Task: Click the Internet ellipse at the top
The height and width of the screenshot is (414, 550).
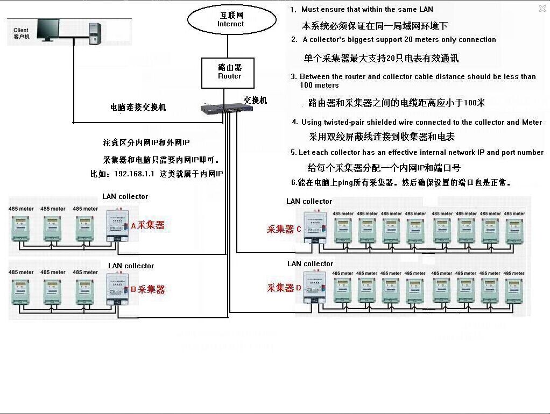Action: tap(231, 20)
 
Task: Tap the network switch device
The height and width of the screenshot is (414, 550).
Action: tap(221, 109)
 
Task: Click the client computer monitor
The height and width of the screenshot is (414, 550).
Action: tap(47, 29)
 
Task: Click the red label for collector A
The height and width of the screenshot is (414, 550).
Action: tap(148, 225)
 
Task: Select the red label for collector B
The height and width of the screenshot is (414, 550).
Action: tap(148, 289)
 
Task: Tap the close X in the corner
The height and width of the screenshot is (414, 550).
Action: tap(542, 9)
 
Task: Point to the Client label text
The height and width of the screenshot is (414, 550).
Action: tap(21, 30)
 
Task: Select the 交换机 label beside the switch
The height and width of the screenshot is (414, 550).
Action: tap(255, 101)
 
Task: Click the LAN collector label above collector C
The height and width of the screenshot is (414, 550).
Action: tap(309, 201)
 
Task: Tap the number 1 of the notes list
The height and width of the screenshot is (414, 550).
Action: tap(293, 10)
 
